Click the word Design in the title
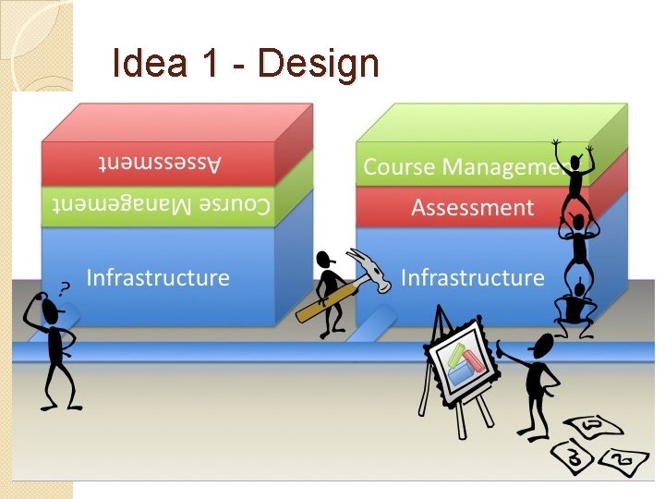tap(319, 64)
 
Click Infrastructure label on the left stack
tap(158, 276)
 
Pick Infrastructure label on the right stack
tap(472, 276)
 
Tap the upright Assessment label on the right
tap(472, 207)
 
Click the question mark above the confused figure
tap(65, 287)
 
